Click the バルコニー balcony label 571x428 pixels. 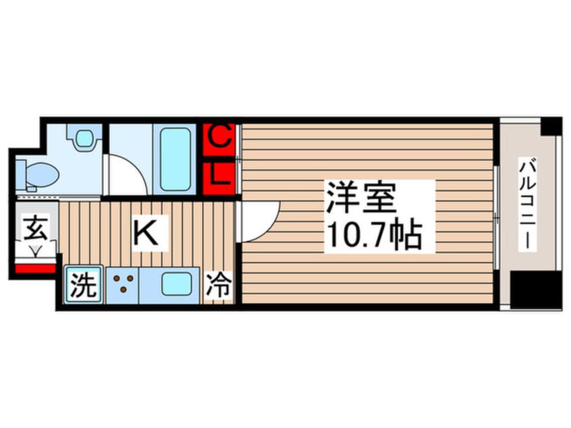coord(528,205)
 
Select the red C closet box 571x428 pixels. coord(219,138)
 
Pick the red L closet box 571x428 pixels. coord(219,176)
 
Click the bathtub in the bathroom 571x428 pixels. coord(175,159)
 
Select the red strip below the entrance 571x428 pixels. coord(34,269)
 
